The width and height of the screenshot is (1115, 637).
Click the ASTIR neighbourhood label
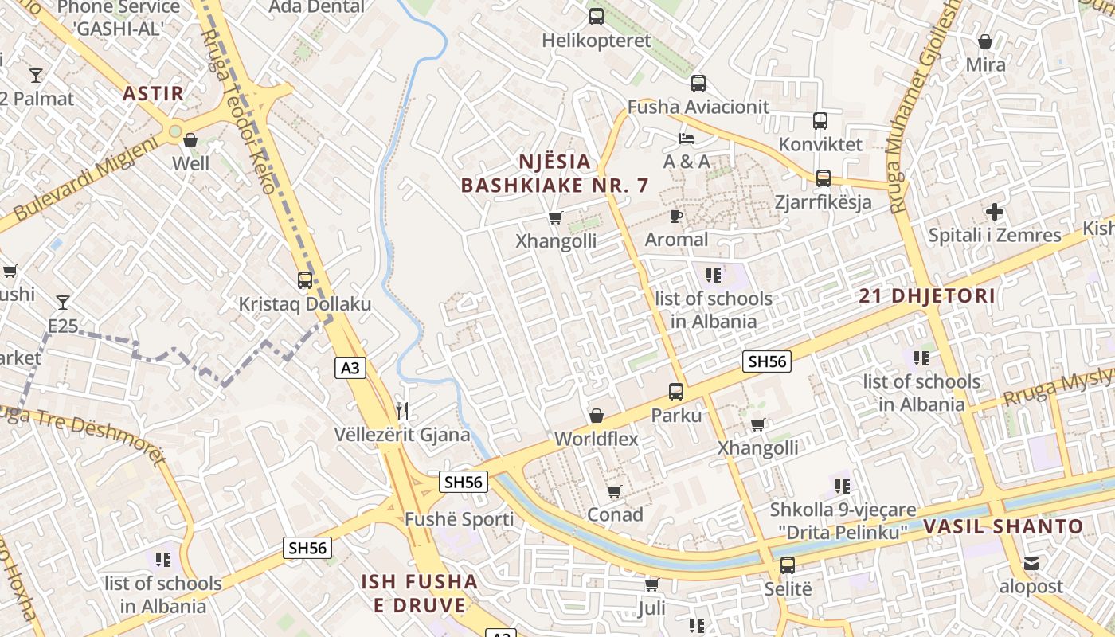(153, 93)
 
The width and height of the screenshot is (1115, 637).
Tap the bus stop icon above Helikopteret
(596, 17)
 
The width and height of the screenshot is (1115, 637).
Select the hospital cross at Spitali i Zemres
(994, 212)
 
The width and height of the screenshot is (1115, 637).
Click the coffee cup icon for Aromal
(675, 216)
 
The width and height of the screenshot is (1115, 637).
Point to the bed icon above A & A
(686, 139)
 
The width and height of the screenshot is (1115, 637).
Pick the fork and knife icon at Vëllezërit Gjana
(402, 411)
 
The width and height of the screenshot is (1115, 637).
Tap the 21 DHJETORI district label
(927, 296)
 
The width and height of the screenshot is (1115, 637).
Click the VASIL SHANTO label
(1003, 526)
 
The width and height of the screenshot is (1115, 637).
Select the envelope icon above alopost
(1031, 564)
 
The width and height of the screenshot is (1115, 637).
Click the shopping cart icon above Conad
(614, 491)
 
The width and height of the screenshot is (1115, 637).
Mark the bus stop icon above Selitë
(787, 565)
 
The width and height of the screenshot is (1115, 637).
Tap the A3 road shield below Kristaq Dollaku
(350, 367)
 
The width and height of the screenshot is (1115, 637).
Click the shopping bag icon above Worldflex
(596, 416)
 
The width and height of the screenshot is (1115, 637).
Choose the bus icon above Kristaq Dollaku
(304, 280)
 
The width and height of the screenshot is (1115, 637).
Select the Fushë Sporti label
(460, 520)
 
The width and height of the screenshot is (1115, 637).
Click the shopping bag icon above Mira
(985, 41)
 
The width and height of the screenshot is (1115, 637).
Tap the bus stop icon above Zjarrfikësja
(823, 178)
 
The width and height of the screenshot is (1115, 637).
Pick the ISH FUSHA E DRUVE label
(420, 593)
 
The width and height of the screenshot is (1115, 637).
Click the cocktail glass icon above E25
(63, 303)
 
